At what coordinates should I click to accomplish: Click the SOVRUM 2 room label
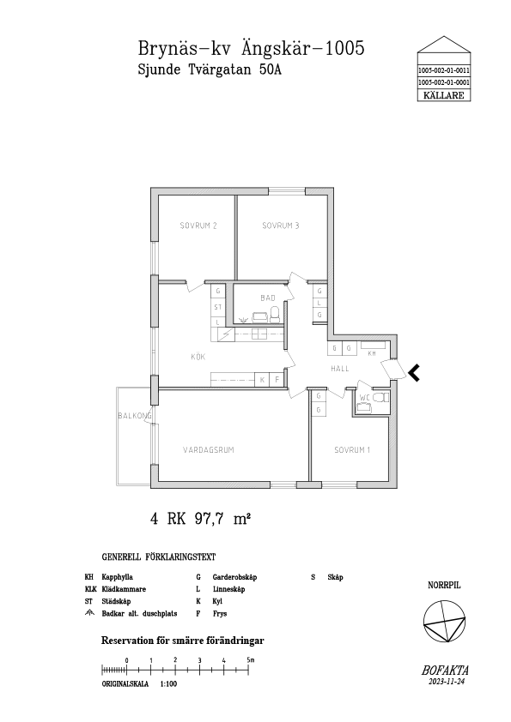click(198, 226)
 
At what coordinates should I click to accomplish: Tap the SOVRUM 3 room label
click(280, 226)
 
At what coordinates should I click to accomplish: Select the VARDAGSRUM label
click(209, 450)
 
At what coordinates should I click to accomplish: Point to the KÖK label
click(198, 357)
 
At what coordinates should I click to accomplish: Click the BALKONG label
click(135, 416)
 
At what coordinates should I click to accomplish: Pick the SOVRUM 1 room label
click(352, 450)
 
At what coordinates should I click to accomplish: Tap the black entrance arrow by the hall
click(414, 373)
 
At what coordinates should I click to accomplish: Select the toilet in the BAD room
click(276, 314)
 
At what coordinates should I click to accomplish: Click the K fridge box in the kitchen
click(263, 380)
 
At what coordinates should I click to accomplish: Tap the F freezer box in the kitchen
click(277, 380)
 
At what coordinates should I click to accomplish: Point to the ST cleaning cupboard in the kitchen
click(217, 307)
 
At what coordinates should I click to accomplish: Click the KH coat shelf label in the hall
click(372, 353)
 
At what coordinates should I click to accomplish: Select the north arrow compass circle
click(444, 622)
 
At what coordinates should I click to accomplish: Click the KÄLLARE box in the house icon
click(444, 95)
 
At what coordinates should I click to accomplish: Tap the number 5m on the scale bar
click(251, 660)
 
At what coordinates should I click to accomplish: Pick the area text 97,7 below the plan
click(209, 519)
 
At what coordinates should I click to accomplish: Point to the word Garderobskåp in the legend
click(234, 577)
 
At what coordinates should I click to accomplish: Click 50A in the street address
click(269, 70)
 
